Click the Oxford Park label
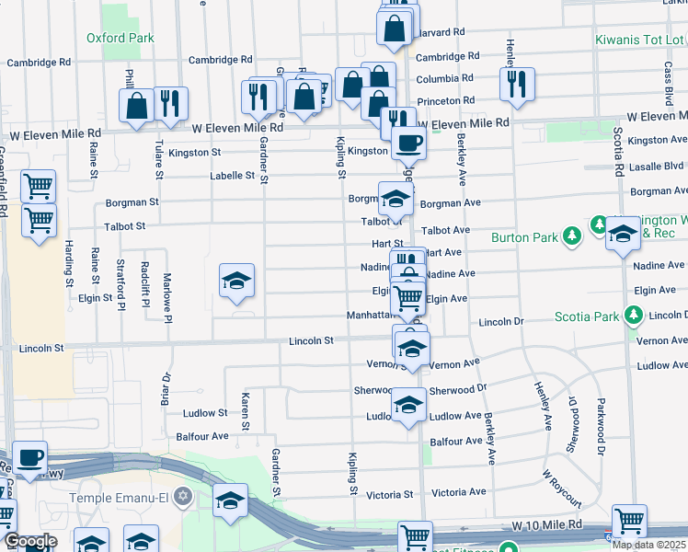pos(120,38)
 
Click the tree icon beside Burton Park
pos(573,237)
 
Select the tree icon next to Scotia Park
pos(634,316)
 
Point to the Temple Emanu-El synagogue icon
pos(183,498)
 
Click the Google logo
pos(29,541)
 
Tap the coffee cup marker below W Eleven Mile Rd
pos(407,143)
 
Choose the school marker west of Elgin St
pos(236,281)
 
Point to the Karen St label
pos(246,411)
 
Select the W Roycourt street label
pos(562,489)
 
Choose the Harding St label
pos(69,262)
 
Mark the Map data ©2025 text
pos(649,545)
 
